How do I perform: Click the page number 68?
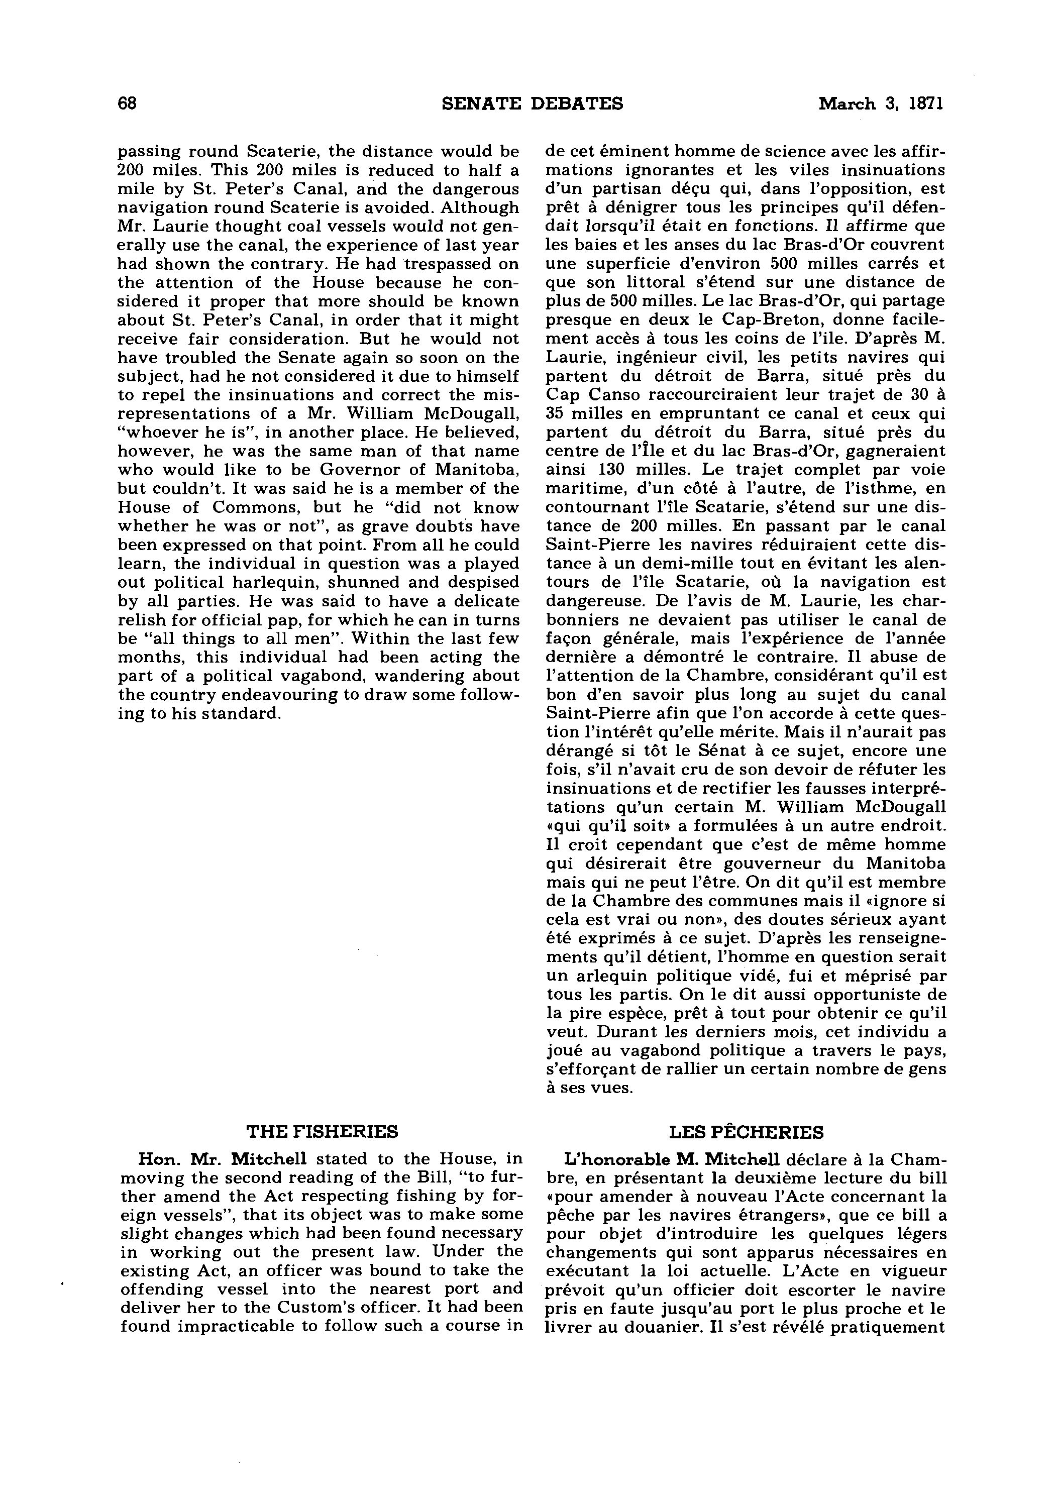(x=127, y=103)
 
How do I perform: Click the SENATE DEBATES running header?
(x=533, y=103)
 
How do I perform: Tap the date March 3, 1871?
(x=880, y=103)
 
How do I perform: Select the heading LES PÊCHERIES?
(x=747, y=1132)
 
